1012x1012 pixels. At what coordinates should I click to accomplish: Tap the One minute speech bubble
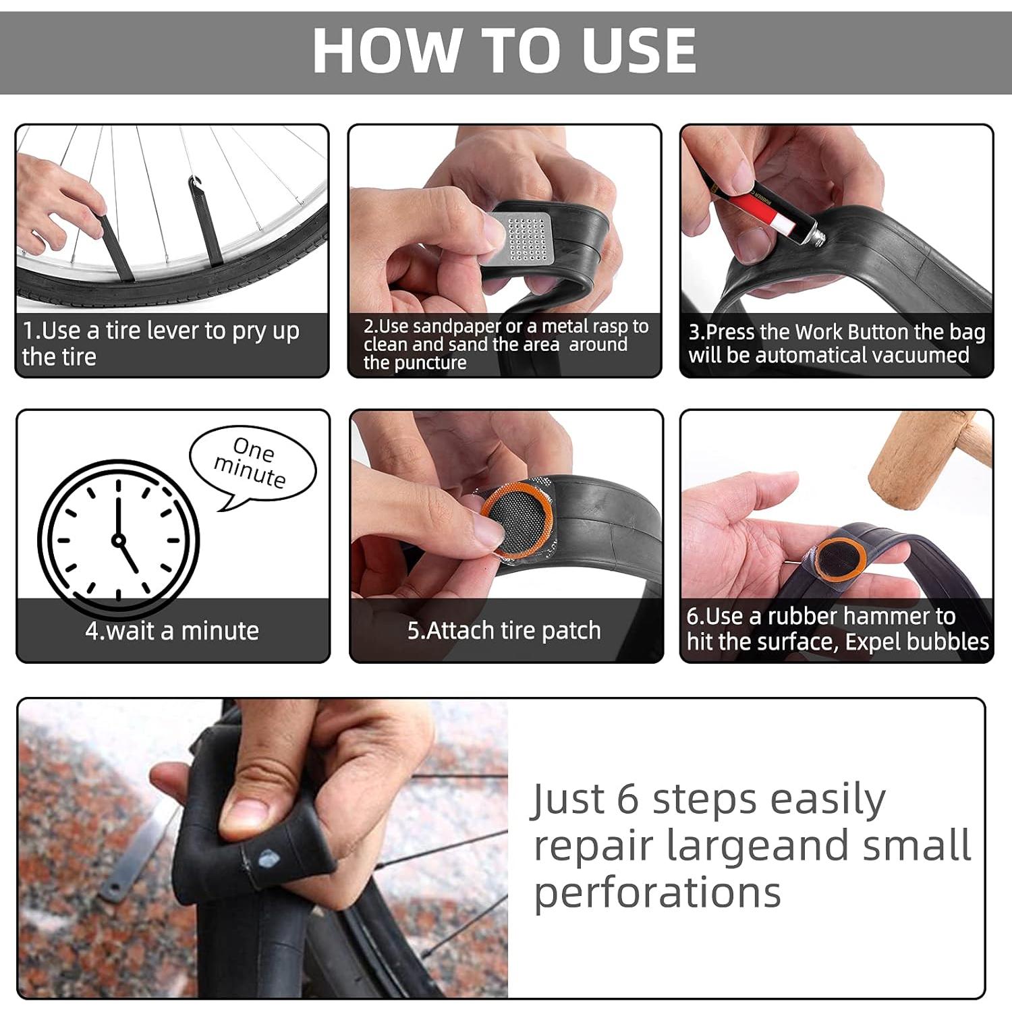pos(252,466)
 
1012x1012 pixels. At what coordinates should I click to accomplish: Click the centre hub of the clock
pos(119,540)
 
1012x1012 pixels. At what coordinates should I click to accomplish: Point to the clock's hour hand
pos(129,556)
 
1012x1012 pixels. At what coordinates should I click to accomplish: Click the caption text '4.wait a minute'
pos(172,631)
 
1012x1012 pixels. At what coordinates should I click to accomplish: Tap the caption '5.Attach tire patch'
pos(504,631)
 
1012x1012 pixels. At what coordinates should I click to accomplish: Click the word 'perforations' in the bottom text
pos(657,893)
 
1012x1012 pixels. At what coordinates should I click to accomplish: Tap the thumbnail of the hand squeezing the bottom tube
pos(263,848)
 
